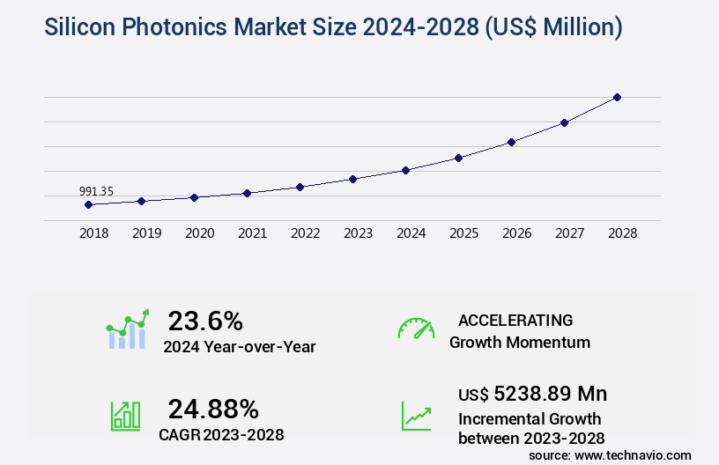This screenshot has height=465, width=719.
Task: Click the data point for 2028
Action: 617,97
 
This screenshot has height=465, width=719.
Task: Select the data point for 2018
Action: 88,204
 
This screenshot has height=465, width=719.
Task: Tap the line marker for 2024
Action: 405,170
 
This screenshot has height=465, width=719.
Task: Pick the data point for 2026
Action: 511,142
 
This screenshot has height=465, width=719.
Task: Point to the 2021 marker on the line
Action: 247,193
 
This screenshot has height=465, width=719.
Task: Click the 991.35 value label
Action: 96,191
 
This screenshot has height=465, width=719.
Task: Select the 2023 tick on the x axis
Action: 358,233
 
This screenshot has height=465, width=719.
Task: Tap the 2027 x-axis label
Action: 569,233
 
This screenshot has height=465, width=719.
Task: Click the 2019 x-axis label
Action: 146,233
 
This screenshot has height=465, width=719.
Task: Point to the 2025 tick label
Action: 463,233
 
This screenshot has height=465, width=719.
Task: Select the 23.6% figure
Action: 205,321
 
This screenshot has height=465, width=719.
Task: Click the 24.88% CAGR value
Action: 213,409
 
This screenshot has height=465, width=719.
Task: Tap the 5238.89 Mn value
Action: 550,393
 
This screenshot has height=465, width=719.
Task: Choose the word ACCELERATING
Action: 515,320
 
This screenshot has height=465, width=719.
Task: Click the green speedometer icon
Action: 416,328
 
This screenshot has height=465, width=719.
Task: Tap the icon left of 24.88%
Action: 124,416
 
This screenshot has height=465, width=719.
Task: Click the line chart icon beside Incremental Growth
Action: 416,416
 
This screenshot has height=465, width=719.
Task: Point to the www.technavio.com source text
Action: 634,454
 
